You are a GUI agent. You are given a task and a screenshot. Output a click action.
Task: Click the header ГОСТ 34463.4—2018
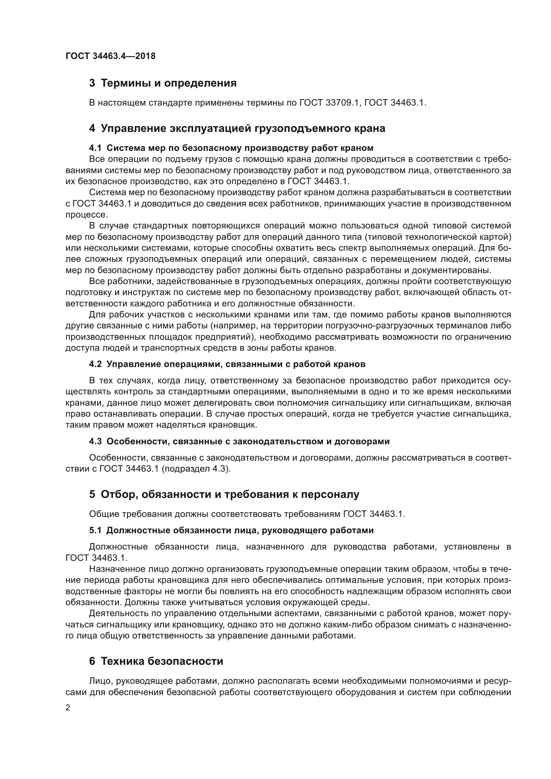tap(110, 56)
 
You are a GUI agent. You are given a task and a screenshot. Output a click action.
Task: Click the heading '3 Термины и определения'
tap(163, 83)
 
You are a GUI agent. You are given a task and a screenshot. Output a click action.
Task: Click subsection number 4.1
tap(95, 148)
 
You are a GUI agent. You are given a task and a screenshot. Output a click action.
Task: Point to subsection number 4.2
tap(95, 364)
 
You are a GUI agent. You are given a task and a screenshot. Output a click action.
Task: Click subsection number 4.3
tap(95, 441)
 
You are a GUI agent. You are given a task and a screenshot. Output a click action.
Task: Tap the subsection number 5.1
tap(95, 530)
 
